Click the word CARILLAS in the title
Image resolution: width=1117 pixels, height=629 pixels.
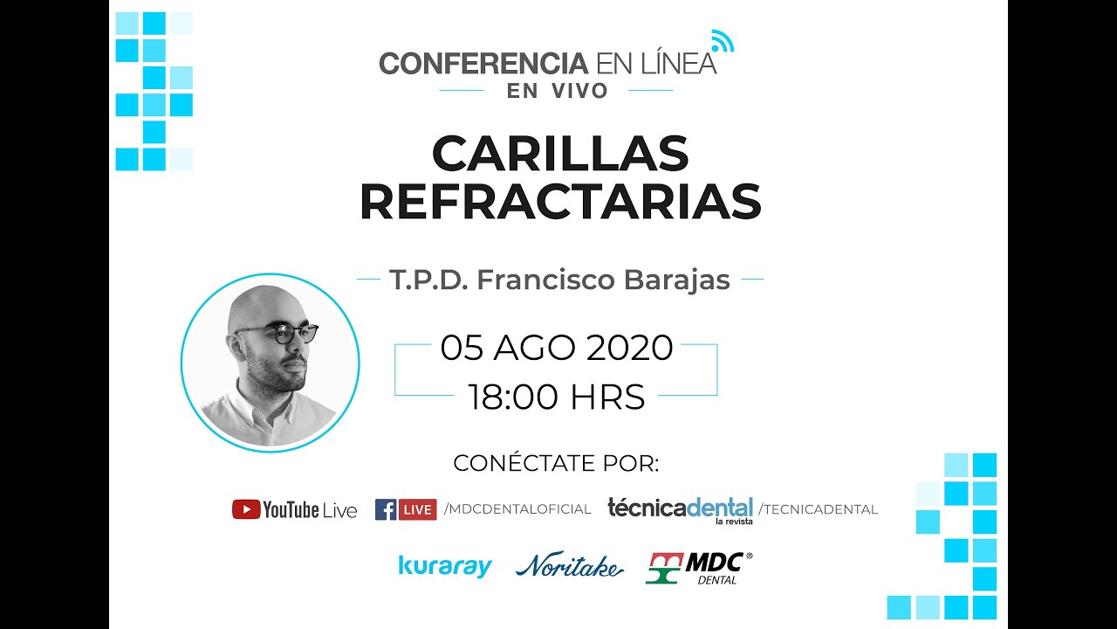click(559, 156)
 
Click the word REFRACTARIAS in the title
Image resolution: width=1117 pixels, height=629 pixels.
click(559, 202)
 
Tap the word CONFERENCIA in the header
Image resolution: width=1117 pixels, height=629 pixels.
click(483, 64)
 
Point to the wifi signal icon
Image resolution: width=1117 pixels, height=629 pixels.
click(722, 40)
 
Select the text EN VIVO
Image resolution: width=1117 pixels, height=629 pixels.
click(558, 91)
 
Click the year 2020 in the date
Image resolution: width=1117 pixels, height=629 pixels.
click(629, 348)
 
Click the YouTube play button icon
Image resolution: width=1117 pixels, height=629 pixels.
click(245, 509)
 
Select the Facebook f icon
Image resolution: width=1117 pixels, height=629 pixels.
click(385, 509)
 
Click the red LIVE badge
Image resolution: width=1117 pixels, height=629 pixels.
click(417, 509)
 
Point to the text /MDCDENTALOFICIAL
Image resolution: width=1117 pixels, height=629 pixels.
click(517, 509)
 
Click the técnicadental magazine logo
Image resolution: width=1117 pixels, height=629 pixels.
click(680, 509)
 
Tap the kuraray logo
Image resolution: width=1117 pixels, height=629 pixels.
click(445, 566)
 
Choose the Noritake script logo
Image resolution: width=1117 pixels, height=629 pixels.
click(569, 567)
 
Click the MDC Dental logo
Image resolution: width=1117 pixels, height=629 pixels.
click(698, 568)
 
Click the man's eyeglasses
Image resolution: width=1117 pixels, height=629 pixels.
click(278, 334)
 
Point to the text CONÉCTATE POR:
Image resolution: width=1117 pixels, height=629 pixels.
click(556, 463)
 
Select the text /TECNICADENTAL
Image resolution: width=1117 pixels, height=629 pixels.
click(818, 509)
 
